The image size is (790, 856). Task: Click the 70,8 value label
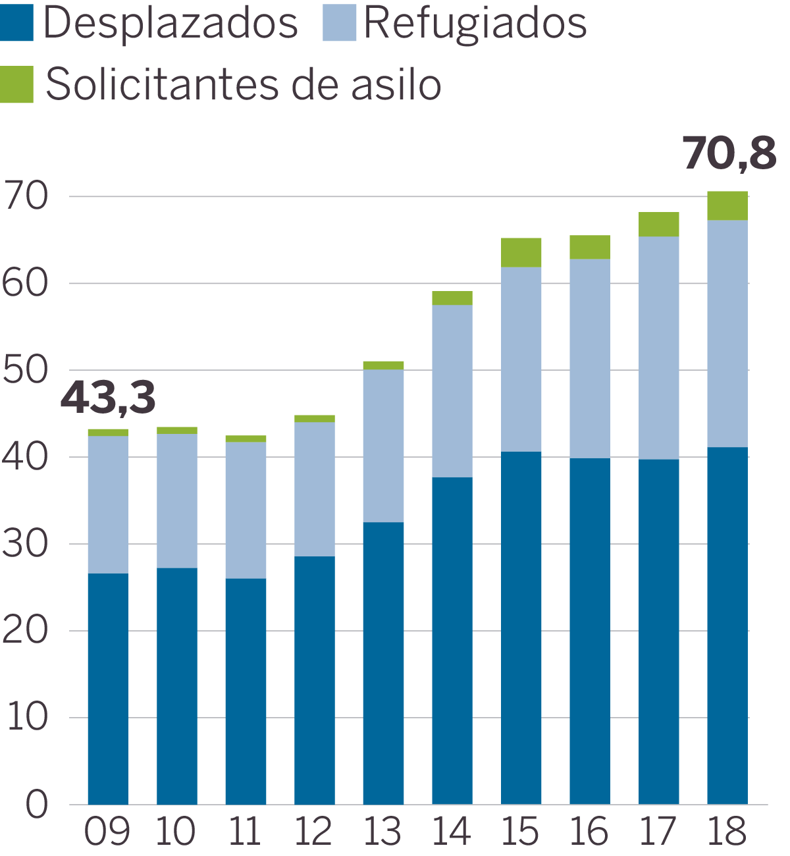coord(729,154)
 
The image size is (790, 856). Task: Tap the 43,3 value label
coord(108,398)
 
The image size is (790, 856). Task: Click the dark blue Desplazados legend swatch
coord(17,23)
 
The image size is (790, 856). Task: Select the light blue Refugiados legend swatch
coord(339,23)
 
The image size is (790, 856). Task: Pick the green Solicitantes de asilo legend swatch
coord(17,84)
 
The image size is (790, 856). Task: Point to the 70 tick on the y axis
coord(25,196)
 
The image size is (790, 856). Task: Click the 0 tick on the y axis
coord(37,804)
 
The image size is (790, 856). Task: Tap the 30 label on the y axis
coord(25,544)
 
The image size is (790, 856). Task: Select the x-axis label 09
coord(107,832)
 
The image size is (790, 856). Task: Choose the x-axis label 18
coord(727,832)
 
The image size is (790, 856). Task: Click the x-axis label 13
coord(382,832)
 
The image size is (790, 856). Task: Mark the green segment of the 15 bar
coord(521,252)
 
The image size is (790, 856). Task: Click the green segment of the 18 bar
coord(727,205)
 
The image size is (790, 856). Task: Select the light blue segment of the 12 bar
coord(315,489)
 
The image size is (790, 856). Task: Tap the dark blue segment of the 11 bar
coord(246,691)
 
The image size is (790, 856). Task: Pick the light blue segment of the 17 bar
coord(658,348)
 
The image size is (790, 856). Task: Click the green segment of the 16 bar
coord(590,247)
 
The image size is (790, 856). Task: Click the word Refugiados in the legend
coord(475,23)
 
